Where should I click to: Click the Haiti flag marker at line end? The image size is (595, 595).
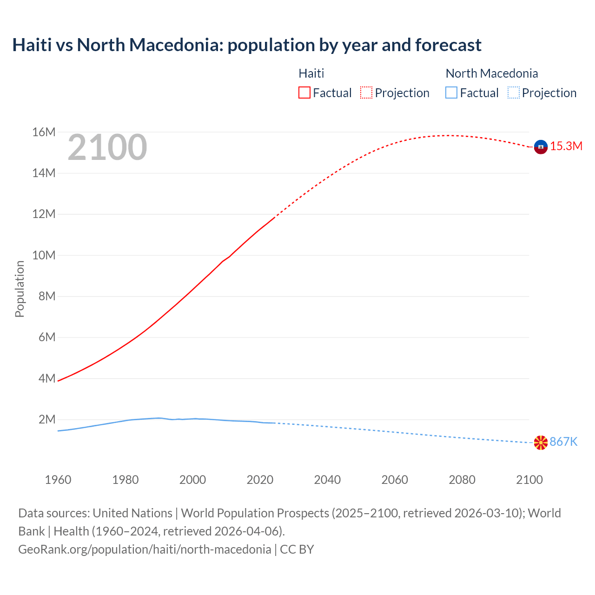541,147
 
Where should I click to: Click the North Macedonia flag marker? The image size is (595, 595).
541,443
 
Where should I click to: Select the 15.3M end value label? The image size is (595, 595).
566,146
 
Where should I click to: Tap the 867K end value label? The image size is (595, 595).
563,442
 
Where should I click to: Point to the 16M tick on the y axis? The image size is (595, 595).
44,132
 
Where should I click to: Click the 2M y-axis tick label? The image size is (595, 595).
47,420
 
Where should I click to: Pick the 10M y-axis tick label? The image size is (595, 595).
44,255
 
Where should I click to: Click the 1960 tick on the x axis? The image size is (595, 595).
58,480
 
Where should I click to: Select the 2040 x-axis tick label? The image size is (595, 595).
327,480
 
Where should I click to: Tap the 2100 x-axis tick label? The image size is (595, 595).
529,480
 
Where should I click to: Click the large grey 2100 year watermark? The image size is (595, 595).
107,148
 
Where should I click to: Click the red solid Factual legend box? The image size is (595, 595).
304,93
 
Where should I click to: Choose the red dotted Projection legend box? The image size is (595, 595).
366,93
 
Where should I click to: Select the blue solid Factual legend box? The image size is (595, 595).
451,93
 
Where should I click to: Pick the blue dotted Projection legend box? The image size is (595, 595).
513,93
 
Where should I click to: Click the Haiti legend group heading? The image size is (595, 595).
311,73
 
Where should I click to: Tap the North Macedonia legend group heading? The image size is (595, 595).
492,73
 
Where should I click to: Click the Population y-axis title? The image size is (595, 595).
20,289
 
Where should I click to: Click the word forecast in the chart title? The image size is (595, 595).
448,45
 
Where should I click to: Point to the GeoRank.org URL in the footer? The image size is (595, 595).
145,549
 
